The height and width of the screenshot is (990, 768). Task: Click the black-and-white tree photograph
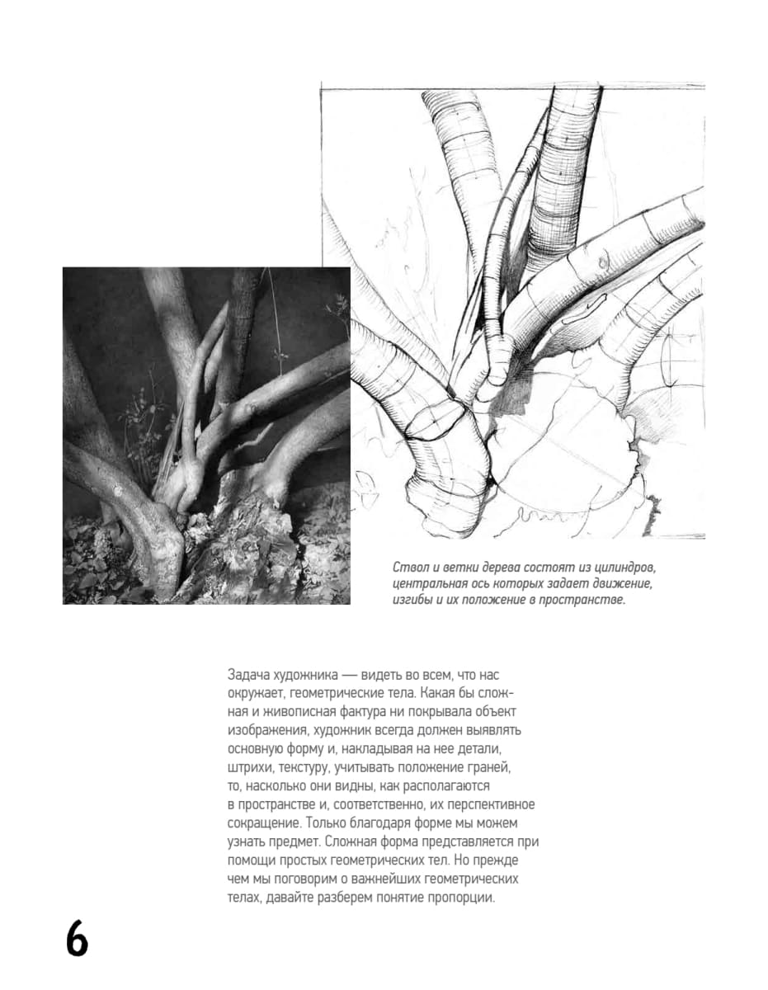[x=206, y=435]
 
